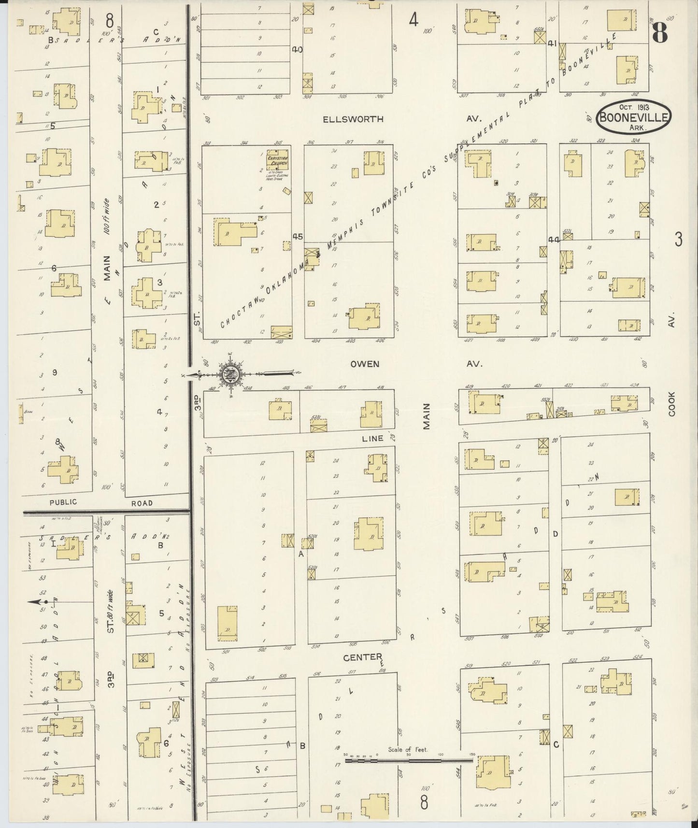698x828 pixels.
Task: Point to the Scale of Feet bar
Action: [x=408, y=760]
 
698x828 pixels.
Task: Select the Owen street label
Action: [x=365, y=364]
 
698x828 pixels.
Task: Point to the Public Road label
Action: [x=63, y=502]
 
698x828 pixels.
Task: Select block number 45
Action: [x=298, y=237]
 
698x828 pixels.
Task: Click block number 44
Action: [x=553, y=239]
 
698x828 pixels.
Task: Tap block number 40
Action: [x=297, y=49]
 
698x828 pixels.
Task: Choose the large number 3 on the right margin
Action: [x=679, y=239]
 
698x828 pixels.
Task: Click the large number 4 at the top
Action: [x=413, y=20]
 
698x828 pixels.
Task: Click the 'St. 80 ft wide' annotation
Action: [x=111, y=612]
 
